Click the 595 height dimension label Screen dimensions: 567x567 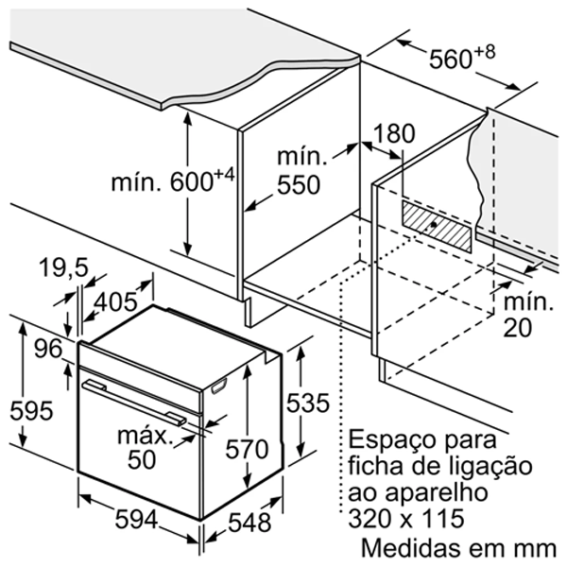point(31,411)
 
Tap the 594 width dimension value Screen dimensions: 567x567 point(136,520)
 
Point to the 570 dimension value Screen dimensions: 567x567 point(247,449)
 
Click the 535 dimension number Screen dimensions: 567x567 point(308,403)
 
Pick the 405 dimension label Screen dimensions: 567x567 point(115,301)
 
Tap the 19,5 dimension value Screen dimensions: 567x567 point(63,268)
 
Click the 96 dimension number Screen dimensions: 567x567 point(48,349)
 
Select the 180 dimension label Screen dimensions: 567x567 point(394,133)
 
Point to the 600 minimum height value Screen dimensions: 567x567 point(191,181)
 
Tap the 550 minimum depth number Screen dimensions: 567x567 point(299,185)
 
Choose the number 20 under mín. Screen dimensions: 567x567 point(518,328)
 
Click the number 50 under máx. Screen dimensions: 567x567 point(142,459)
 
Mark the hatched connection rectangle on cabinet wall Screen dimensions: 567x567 point(437,227)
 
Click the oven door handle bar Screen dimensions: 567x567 point(134,402)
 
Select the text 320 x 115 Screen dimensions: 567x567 point(406,518)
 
